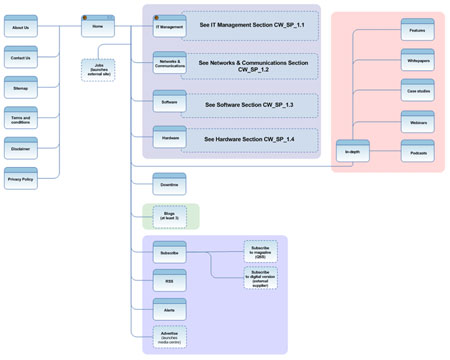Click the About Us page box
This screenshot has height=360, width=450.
coord(20,27)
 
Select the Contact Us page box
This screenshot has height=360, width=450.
coord(20,58)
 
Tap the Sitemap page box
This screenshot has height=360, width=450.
coord(20,88)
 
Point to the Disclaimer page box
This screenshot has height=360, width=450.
coord(20,150)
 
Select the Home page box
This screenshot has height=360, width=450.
coord(97,26)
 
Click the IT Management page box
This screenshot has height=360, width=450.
coord(169,27)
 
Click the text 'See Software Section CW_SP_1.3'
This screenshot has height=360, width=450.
coord(249,104)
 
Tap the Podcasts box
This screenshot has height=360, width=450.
coord(417,151)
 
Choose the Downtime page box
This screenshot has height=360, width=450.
coord(169,184)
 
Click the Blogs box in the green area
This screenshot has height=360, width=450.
coord(169,215)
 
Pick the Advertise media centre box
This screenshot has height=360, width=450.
coord(169,336)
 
